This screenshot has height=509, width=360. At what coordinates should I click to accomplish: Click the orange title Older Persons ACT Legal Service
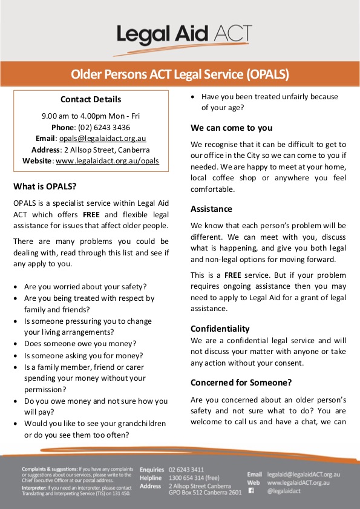click(x=180, y=75)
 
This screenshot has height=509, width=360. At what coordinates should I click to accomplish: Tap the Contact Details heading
click(x=91, y=99)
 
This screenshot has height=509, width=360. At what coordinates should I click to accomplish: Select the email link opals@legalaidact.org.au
click(x=102, y=138)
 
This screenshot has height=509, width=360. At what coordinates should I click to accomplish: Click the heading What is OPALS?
click(x=45, y=186)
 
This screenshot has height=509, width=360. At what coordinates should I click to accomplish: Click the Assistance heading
click(x=211, y=209)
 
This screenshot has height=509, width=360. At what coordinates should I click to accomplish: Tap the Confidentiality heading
click(x=220, y=328)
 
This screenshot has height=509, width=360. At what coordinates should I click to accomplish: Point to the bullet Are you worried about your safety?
click(x=85, y=286)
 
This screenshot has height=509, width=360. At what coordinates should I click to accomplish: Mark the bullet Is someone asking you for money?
click(x=83, y=355)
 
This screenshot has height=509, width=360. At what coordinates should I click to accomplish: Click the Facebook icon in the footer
click(x=251, y=491)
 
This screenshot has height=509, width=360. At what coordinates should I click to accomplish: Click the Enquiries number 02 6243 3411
click(x=186, y=470)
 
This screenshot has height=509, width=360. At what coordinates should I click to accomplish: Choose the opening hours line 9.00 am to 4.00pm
click(x=91, y=115)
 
